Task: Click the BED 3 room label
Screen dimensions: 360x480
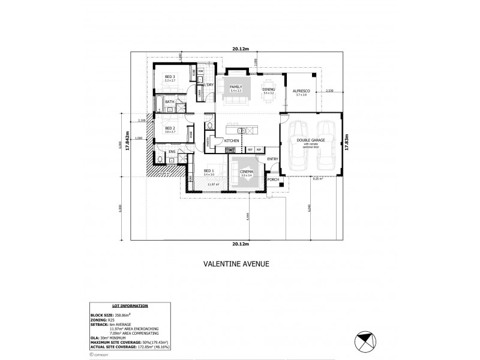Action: coord(170,76)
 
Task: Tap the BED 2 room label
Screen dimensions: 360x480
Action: coord(169,128)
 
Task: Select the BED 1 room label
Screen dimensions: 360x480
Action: coord(208,171)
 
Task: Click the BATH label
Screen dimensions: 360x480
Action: coord(170,102)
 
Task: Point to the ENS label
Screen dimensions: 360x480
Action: coord(172,152)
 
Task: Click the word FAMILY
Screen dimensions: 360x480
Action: coord(235,87)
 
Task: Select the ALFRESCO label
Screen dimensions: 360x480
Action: coord(301,91)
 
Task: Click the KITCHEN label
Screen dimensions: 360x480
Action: coord(232,140)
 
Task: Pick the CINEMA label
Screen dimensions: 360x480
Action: coord(247,172)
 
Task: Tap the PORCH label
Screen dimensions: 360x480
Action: coord(273,179)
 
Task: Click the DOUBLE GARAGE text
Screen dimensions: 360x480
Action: coord(310,140)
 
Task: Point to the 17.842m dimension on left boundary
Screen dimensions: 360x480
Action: coord(127,142)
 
